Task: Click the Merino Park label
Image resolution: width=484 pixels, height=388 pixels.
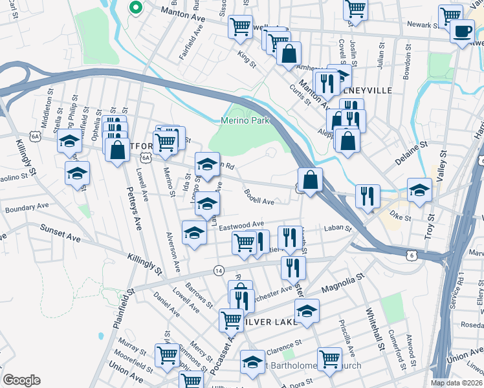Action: [245, 120]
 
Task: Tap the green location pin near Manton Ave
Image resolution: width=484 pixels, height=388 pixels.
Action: [135, 8]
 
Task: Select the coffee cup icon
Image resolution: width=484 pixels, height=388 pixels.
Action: [462, 32]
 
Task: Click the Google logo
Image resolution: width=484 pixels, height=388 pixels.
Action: [21, 380]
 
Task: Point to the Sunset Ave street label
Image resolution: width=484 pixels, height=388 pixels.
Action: [60, 233]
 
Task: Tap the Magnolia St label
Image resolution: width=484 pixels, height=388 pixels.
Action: [338, 285]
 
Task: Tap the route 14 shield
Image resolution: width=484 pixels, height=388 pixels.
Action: [219, 270]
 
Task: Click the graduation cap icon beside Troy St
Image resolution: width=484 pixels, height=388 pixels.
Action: [419, 191]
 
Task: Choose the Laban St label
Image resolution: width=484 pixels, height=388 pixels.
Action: [337, 228]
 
